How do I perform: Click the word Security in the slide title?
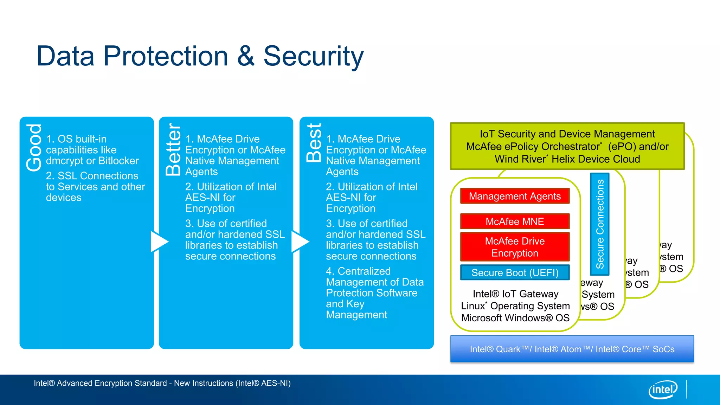coord(313,56)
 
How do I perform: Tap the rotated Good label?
coord(34,148)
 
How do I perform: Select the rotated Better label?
coord(173,149)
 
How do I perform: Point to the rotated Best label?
coord(314,143)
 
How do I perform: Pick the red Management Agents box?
coord(515,196)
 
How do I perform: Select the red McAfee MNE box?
coord(515,221)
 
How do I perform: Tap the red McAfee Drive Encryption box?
coord(515,247)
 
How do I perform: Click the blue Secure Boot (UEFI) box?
coord(515,273)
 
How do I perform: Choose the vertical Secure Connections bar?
coord(600,224)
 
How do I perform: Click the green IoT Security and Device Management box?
coord(567,146)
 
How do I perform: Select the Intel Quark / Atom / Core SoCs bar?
coord(572,349)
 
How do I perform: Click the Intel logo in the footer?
coord(663,390)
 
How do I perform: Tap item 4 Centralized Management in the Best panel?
coord(374,292)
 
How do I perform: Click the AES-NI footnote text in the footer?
coord(162,383)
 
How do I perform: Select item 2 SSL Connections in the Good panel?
coord(95,186)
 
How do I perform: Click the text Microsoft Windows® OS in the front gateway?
coord(515,318)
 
